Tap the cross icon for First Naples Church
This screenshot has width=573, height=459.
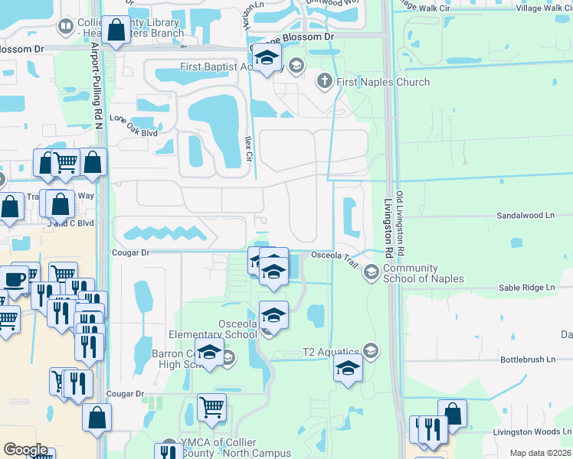324,81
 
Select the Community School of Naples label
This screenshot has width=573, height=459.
423,273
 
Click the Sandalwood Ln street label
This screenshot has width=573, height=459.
526,216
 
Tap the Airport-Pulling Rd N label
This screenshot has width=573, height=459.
98,85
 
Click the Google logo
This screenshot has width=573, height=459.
25,450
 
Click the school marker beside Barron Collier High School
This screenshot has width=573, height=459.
208,354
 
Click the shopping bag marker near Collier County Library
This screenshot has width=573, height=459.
116,31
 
